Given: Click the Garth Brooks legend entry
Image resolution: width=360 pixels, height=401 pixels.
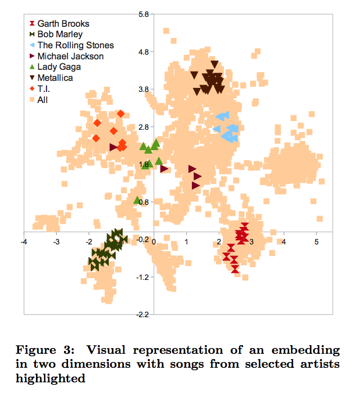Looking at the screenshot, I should pos(63,24).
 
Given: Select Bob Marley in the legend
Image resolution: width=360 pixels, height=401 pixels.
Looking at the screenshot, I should pos(60,34).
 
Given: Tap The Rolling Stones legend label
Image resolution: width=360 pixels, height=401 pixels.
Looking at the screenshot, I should pos(75,45).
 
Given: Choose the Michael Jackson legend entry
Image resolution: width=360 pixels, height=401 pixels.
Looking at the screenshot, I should pos(70,56).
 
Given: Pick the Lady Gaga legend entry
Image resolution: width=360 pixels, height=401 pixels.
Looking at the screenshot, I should pos(59,67).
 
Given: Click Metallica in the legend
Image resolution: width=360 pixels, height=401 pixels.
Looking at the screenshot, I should pos(55,78).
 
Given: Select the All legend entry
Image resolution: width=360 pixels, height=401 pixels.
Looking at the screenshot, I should pos(42,100).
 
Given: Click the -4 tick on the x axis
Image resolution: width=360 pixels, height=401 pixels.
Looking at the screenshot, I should pos(23,241).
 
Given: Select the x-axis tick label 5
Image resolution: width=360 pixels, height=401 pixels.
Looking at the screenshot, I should pos(316,241).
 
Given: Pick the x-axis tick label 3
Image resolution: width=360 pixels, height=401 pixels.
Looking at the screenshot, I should pos(251,241).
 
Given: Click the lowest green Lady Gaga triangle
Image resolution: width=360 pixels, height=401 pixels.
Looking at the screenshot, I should pos(137,200).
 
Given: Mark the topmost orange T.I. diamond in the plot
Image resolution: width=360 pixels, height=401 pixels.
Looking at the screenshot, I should pos(120,113).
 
